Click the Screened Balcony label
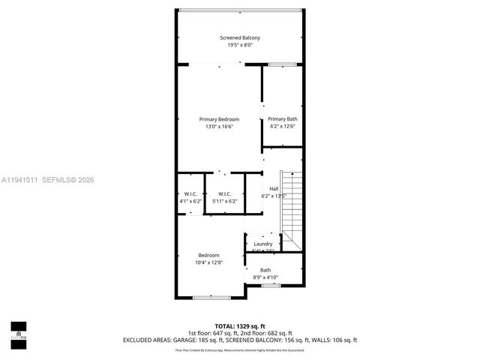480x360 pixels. click(x=240, y=37)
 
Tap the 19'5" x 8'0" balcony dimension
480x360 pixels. click(x=240, y=45)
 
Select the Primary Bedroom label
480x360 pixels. click(x=219, y=119)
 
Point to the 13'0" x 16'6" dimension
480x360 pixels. click(x=219, y=127)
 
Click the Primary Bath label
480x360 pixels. click(x=283, y=119)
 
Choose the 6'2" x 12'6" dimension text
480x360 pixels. click(x=283, y=127)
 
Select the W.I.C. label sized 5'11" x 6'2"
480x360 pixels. click(x=224, y=193)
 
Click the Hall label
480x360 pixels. click(x=274, y=188)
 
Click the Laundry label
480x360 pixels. click(x=262, y=244)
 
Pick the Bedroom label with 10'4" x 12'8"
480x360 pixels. click(x=208, y=255)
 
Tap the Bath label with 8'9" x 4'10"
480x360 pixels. click(x=265, y=270)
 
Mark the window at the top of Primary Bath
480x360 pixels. click(x=283, y=64)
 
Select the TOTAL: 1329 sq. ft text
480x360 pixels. click(x=240, y=326)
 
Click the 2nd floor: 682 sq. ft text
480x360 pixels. click(x=266, y=333)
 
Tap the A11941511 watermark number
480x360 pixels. click(x=21, y=179)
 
